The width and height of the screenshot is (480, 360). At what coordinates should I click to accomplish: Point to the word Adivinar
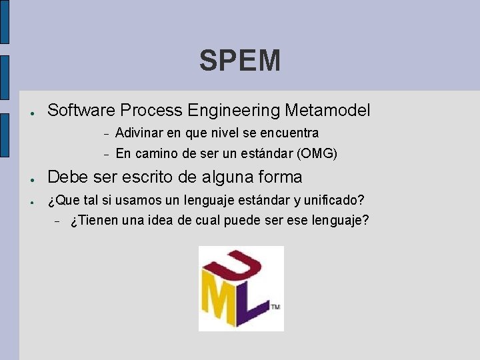(x=141, y=133)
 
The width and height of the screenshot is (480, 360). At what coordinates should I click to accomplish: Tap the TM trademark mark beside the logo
(x=275, y=307)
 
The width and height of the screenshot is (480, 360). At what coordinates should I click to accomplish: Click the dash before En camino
(x=105, y=155)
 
